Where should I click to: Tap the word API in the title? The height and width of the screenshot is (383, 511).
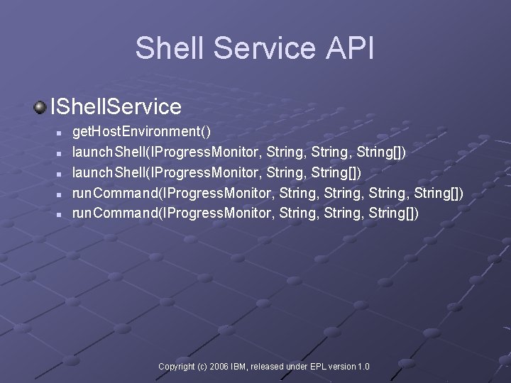tap(348, 48)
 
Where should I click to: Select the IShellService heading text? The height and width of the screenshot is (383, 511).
tap(116, 107)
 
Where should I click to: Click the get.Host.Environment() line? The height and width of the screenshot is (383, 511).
tap(142, 132)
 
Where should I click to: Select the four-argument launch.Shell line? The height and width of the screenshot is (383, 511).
tap(239, 152)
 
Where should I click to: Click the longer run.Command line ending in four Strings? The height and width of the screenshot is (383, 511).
tap(268, 193)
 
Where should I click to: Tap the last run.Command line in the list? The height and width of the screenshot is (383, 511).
tap(246, 213)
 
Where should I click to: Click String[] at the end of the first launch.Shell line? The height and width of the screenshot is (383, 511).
tap(383, 152)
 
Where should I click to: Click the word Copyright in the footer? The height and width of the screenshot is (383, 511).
tap(176, 367)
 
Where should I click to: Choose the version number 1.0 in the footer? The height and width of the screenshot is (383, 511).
tap(363, 367)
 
